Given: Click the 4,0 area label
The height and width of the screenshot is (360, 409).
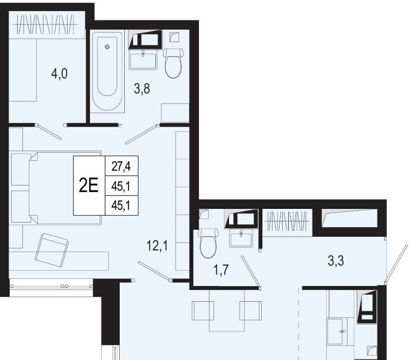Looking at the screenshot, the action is point(59,74).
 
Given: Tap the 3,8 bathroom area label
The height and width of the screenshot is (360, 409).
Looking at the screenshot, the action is point(142,89).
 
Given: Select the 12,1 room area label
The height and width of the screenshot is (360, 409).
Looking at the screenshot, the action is point(157,245).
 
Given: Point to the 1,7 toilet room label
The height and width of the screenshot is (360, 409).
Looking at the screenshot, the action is point(221,270).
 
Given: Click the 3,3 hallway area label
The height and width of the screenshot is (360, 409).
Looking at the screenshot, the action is point(336,261).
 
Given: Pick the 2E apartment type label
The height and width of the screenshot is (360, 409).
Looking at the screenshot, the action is point(89,186).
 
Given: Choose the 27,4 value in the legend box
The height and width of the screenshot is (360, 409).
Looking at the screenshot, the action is point(121,166).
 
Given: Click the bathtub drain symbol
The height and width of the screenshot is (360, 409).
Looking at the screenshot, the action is point(107,47).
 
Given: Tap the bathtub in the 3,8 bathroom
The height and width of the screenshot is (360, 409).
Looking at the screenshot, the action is point(107,71).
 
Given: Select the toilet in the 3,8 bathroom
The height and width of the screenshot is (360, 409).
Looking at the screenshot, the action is point(173,62).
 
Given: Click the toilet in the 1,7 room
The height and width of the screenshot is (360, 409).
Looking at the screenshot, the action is point(209,243).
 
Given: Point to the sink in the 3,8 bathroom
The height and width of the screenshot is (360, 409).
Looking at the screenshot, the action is point(143,61).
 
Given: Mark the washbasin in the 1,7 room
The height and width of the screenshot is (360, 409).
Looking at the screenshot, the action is point(241,238).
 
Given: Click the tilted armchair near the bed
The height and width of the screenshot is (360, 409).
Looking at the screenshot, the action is point(52,250).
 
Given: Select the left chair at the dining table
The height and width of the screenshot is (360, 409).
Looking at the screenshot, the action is point(203,310).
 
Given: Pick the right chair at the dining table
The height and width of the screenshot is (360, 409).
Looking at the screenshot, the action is point(251,310).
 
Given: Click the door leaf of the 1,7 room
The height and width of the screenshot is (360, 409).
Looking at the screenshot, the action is point(250,272).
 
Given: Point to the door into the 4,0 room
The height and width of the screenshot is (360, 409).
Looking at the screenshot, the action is point(50,132).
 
